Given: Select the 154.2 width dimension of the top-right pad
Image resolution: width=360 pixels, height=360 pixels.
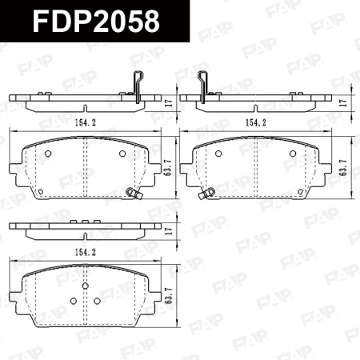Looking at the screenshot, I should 256,122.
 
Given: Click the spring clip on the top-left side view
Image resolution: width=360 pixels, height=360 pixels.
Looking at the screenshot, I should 137,84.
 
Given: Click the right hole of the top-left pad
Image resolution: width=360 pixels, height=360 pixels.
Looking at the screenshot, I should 122,153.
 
